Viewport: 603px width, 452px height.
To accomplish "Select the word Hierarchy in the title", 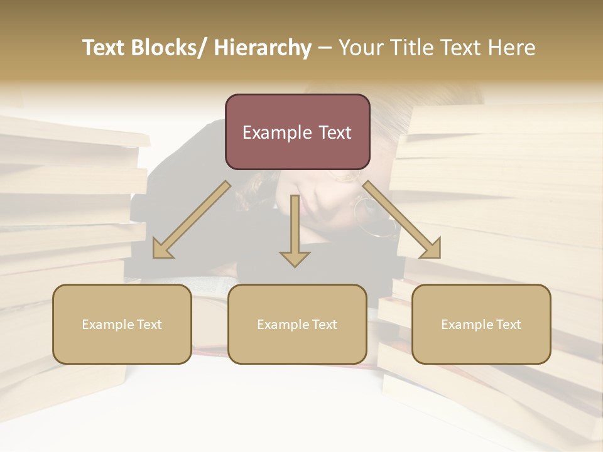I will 263,48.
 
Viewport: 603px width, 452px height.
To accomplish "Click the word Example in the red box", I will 274,133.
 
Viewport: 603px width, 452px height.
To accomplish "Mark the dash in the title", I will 325,48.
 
